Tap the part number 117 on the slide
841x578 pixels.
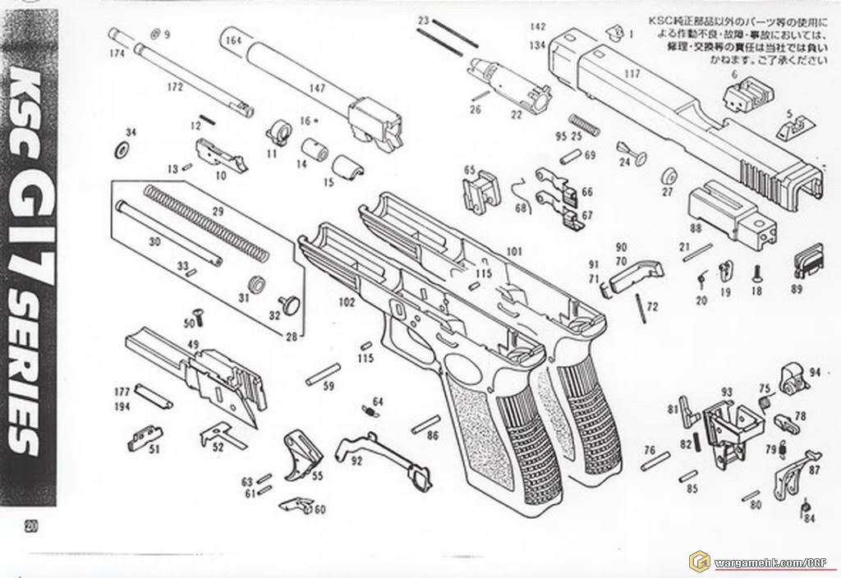click(632, 73)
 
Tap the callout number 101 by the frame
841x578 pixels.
click(514, 250)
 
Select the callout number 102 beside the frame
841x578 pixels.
click(346, 302)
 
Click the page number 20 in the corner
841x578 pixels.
click(31, 526)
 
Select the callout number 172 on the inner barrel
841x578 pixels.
click(173, 85)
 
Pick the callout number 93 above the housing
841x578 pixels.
click(726, 392)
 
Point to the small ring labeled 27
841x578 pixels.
click(668, 175)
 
